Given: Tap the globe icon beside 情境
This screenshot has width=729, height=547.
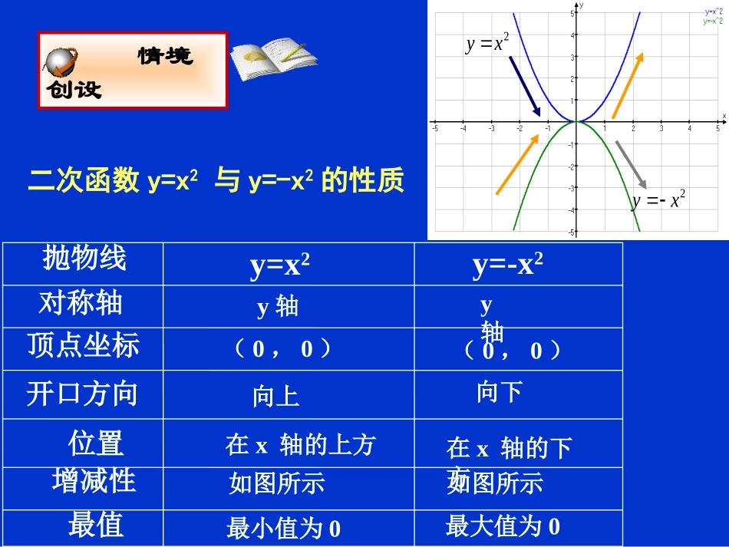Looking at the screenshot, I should [x=61, y=61].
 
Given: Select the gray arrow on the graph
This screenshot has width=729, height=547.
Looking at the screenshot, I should [x=631, y=163].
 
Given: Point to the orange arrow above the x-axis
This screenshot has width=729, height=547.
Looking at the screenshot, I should [x=627, y=85].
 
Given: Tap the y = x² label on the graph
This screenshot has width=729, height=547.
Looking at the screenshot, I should [x=487, y=43].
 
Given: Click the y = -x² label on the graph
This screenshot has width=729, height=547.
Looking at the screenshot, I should [x=658, y=201].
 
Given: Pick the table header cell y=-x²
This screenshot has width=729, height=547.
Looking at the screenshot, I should [x=508, y=265].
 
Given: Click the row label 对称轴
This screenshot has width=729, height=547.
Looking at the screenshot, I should [x=81, y=304].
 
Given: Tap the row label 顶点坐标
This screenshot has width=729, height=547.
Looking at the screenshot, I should [x=84, y=346].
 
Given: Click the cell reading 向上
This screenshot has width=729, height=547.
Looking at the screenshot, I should [x=275, y=397].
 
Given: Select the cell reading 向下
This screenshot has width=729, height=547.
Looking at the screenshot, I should [x=500, y=393].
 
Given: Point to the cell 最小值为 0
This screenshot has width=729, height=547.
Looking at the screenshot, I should [x=283, y=529].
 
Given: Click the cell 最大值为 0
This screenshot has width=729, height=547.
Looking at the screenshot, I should [x=503, y=526].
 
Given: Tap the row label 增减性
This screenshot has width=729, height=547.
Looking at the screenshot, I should [x=94, y=481].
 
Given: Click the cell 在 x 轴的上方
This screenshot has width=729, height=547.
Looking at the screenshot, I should [x=300, y=445].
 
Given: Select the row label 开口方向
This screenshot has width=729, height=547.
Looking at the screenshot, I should [x=82, y=394].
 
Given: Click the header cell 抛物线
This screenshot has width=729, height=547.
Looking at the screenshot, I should [x=84, y=259].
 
